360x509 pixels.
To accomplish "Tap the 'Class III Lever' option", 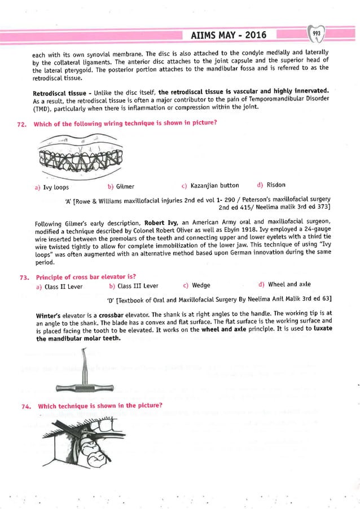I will [x=133, y=286].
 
